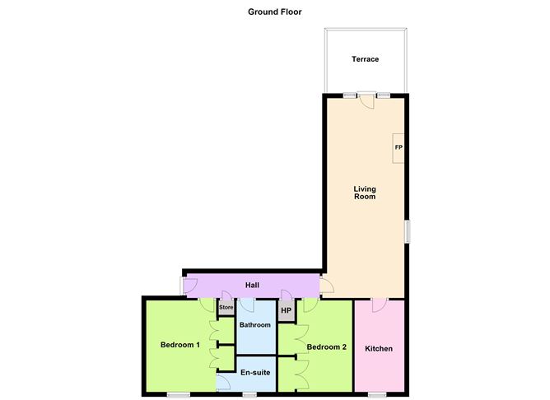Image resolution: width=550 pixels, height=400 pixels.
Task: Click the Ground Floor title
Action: [x=275, y=12]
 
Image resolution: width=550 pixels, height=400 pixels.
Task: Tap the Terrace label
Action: [x=365, y=59]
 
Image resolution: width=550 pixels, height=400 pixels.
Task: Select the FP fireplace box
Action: [x=399, y=148]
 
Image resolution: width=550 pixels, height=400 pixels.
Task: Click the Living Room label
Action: [x=365, y=193]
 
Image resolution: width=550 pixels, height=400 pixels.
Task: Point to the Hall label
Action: [x=252, y=285]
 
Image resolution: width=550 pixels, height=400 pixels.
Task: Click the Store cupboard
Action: [x=226, y=308]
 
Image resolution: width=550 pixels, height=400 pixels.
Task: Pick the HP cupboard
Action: [x=287, y=310]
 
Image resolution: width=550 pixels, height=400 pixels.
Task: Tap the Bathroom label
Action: [x=255, y=325]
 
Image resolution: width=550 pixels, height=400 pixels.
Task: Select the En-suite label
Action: [x=255, y=372]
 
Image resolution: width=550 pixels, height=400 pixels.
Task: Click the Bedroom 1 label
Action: [x=180, y=345]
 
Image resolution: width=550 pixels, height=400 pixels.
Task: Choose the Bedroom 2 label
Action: [x=327, y=347]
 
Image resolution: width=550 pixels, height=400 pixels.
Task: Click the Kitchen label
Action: [x=379, y=349]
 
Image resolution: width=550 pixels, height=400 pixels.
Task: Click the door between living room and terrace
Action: [x=366, y=100]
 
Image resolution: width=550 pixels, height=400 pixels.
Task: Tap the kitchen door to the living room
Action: [x=380, y=305]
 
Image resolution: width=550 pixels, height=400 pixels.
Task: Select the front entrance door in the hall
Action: [x=189, y=286]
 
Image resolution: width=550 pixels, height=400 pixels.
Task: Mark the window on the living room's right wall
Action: [x=408, y=231]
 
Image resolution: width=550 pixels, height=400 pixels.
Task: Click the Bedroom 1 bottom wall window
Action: [x=178, y=395]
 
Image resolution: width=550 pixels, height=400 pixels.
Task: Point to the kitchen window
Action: [x=377, y=395]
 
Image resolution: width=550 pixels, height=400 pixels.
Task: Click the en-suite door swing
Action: [x=223, y=382]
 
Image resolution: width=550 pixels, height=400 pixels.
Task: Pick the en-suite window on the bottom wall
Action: [x=249, y=395]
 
